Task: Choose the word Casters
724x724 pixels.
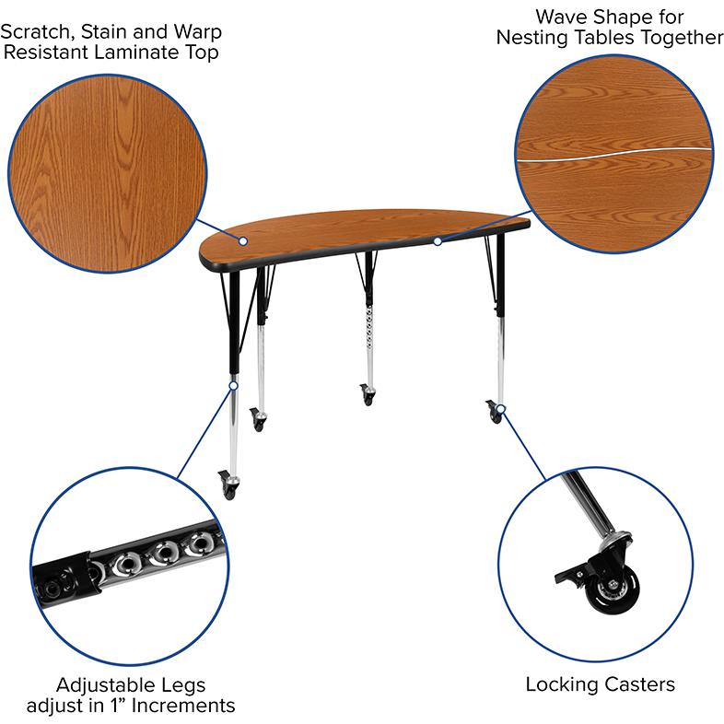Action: click(639, 684)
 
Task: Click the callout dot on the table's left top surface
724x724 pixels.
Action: click(243, 241)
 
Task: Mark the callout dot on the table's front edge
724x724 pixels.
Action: click(438, 241)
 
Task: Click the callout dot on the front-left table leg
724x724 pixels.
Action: click(234, 385)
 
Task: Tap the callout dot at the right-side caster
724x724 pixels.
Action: click(501, 409)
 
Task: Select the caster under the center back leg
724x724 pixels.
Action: click(368, 396)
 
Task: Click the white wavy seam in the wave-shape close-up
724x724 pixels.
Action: click(614, 154)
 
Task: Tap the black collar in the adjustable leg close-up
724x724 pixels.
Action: click(88, 573)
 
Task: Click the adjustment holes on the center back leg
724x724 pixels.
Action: click(369, 330)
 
